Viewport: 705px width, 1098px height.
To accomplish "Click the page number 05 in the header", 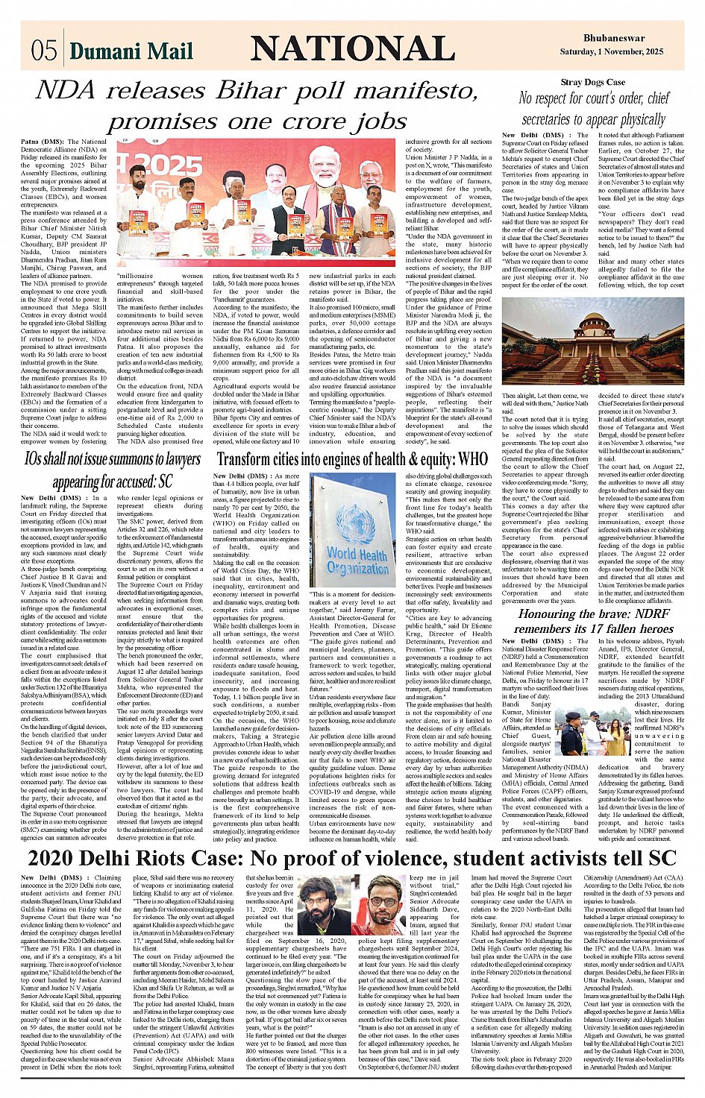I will (x=44, y=51).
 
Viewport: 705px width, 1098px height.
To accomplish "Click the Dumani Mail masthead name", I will (x=131, y=51).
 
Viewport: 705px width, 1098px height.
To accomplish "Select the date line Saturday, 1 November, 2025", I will (x=612, y=51).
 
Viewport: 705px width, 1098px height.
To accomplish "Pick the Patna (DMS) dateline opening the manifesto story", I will (x=41, y=141).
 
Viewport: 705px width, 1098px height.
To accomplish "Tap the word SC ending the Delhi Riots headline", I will (x=661, y=857).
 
